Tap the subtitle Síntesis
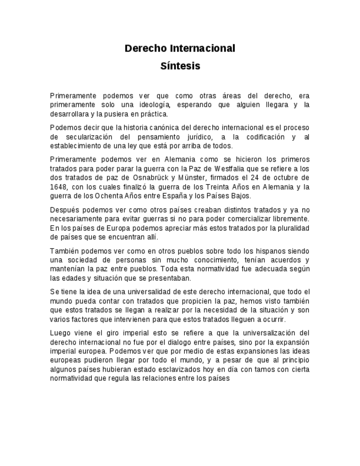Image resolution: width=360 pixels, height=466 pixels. tap(180, 66)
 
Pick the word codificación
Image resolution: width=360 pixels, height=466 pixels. tap(261, 137)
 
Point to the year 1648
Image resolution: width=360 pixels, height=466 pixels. tap(58, 187)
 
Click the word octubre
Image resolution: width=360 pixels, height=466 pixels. tap(293, 177)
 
